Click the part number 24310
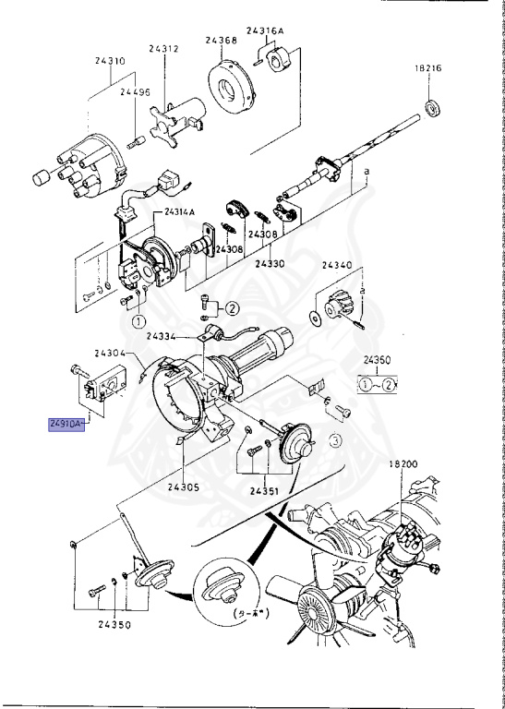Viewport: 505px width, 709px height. (109, 62)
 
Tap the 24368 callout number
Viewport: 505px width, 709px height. (222, 40)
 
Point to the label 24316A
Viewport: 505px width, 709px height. (265, 30)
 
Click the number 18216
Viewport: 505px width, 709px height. (430, 68)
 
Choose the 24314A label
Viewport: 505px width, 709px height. (180, 211)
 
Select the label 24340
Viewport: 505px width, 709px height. (338, 265)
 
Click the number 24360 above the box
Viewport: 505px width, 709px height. (378, 360)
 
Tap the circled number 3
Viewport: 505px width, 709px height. (336, 441)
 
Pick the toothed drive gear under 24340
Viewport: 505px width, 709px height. (340, 304)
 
